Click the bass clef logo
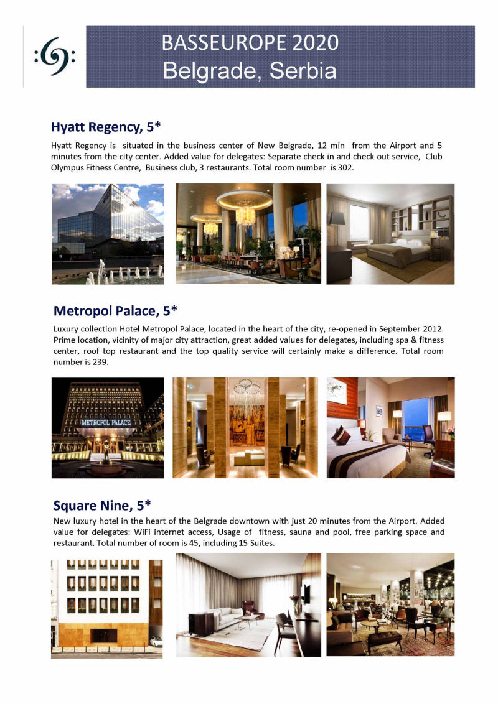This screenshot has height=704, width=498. (x=55, y=58)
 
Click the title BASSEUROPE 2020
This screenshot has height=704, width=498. (x=250, y=42)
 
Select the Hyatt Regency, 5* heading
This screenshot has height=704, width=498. (x=106, y=127)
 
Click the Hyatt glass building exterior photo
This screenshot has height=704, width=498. (x=108, y=234)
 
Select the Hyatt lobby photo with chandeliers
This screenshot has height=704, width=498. (x=248, y=234)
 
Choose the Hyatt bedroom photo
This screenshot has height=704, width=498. (x=390, y=234)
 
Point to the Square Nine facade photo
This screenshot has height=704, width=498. (x=106, y=605)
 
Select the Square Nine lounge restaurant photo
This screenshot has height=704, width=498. (x=390, y=604)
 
